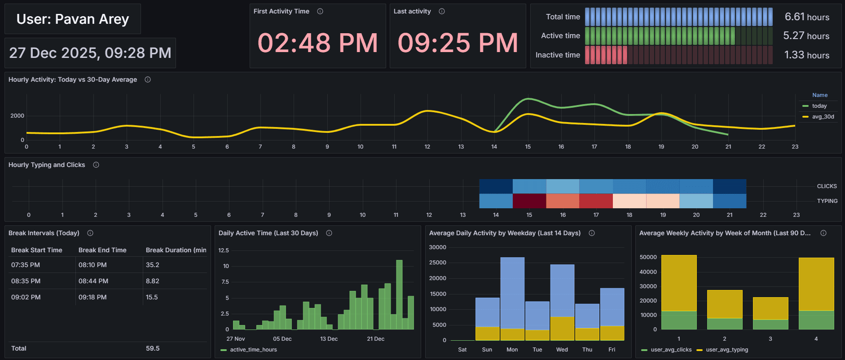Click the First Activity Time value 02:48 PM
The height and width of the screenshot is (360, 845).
[x=317, y=43]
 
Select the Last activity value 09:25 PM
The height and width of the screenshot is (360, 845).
[x=458, y=43]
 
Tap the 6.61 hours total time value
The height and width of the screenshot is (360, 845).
[x=806, y=17]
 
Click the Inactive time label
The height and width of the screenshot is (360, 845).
[x=558, y=55]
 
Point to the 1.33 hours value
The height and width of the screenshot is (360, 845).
[x=806, y=55]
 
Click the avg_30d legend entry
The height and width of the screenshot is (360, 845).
[x=823, y=117]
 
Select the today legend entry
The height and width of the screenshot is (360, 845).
[x=819, y=106]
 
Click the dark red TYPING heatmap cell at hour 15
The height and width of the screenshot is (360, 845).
[x=529, y=201]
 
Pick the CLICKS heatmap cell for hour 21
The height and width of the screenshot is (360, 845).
[x=729, y=186]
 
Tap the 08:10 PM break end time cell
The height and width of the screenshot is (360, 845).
[x=92, y=265]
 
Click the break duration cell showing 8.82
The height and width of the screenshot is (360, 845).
[x=153, y=281]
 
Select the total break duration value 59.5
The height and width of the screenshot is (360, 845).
[x=153, y=348]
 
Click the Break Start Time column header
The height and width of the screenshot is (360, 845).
[x=37, y=250]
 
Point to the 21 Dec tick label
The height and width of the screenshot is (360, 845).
[x=375, y=339]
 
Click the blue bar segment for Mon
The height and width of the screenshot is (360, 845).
[x=512, y=292]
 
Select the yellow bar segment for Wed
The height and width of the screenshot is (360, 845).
[x=562, y=328]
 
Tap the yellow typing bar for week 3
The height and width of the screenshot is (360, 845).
[x=770, y=308]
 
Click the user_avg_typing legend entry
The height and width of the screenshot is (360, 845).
[x=726, y=350]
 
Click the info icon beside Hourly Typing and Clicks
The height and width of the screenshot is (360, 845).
[x=96, y=165]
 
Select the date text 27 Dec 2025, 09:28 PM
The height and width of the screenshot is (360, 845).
[x=90, y=53]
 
